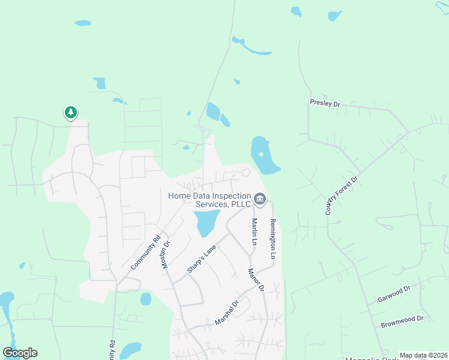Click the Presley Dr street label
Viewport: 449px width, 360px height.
325,103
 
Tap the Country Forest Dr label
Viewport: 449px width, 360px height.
342,196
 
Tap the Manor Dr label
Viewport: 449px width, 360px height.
256,280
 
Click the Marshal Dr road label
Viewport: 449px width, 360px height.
227,313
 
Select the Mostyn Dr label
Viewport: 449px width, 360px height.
167,254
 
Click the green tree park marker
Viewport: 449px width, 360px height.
71,112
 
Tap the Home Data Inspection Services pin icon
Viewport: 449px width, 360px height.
260,199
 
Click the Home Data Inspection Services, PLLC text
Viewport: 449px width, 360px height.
209,200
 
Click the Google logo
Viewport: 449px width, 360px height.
20,353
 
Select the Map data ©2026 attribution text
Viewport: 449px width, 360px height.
423,355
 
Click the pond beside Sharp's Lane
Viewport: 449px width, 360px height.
204,223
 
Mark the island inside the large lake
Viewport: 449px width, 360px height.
261,154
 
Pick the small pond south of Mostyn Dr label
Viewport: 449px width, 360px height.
145,299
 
